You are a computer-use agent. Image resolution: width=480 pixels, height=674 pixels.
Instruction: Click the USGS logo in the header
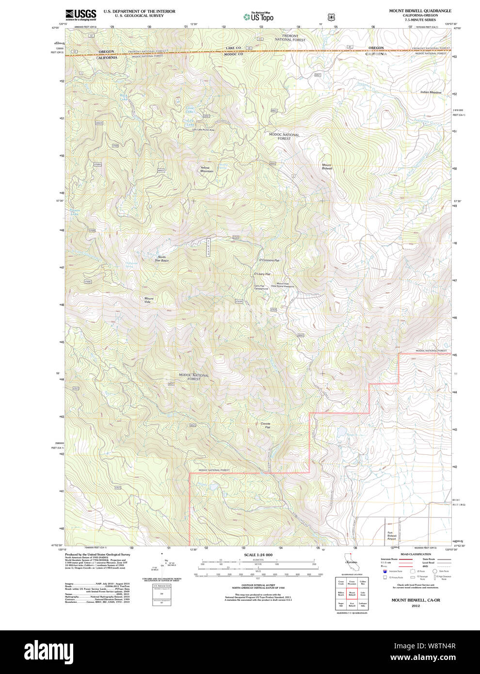click(80, 15)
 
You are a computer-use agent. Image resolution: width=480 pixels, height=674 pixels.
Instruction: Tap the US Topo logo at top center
click(259, 17)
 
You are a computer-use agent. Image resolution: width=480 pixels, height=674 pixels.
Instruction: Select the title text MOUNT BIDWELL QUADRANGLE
click(420, 11)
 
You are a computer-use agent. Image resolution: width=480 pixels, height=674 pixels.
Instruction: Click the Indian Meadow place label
click(431, 92)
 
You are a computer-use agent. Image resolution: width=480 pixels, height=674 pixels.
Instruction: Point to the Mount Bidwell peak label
click(327, 166)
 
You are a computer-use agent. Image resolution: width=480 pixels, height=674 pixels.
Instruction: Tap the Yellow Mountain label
click(207, 169)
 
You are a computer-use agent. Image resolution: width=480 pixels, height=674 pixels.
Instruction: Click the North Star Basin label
click(161, 258)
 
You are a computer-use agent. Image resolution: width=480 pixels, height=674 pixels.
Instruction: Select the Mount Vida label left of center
click(148, 300)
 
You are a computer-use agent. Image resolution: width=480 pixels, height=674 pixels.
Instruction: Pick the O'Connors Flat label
click(269, 260)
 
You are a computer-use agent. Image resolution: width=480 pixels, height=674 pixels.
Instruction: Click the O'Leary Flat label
click(262, 274)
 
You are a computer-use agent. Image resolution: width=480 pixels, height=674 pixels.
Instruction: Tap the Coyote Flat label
click(266, 425)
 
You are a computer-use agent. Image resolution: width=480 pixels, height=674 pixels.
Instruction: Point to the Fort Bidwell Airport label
click(392, 536)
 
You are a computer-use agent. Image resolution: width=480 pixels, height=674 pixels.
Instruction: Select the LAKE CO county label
click(233, 48)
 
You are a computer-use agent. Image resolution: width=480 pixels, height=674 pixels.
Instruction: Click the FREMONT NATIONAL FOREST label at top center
click(290, 38)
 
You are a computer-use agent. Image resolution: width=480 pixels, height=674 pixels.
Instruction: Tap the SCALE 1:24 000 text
click(258, 555)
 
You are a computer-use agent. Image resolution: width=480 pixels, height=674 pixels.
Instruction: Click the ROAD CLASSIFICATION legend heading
click(416, 554)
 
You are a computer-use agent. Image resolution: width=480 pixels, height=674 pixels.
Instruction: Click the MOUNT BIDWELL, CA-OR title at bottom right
click(416, 600)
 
